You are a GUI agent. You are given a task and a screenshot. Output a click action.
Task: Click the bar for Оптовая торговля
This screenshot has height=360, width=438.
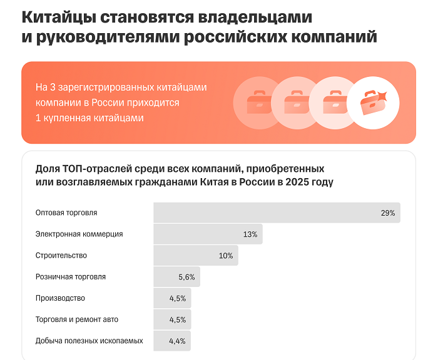277,213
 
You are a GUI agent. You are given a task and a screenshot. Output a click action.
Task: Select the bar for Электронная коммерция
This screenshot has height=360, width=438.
208,234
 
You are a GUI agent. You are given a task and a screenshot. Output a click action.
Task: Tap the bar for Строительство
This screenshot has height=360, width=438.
195,256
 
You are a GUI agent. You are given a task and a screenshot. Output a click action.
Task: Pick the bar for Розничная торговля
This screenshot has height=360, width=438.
176,277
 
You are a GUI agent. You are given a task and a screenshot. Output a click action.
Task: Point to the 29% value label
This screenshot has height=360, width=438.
387,213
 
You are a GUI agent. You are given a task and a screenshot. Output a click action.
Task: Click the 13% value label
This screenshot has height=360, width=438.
250,234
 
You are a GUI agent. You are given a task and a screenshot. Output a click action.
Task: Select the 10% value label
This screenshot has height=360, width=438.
225,256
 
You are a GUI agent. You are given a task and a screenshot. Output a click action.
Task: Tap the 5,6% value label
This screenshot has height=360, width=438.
187,277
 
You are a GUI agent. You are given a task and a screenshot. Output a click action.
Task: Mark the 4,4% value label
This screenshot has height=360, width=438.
178,341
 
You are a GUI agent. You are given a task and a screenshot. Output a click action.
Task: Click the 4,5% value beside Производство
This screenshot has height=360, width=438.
178,298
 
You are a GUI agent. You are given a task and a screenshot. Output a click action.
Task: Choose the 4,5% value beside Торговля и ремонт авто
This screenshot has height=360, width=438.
178,319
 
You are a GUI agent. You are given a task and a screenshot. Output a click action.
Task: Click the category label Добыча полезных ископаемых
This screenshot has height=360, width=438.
89,341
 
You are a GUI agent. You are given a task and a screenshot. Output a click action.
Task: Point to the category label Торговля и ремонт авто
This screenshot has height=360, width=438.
77,319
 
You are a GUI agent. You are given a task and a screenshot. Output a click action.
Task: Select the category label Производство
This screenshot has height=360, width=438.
60,298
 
